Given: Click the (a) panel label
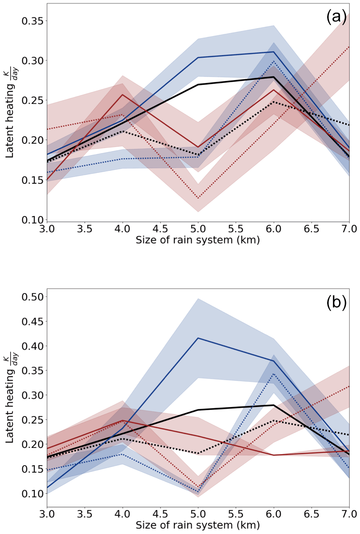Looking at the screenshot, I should pos(336,17).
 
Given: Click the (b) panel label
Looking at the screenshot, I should pos(336,302).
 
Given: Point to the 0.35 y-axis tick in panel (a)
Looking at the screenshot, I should pos(32,21).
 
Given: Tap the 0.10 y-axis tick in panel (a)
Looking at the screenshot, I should pos(32,220).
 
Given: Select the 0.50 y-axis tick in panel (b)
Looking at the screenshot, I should pos(32,297).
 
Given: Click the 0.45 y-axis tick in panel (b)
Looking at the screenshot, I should pos(32,322).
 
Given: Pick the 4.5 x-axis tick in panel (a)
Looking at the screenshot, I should pos(160,229).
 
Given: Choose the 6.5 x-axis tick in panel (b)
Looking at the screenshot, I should pos(311,514).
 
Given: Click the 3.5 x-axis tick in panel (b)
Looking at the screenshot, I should pos(85,514).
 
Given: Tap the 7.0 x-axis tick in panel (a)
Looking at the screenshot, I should pos(349,229).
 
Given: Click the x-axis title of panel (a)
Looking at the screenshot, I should pos(198,240).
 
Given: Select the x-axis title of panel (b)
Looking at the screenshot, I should pos(198,525).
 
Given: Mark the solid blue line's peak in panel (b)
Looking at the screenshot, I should pos(198,338).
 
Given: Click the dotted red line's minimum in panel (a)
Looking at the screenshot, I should pos(198,198).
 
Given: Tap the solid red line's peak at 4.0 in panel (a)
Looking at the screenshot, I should pos(122,94).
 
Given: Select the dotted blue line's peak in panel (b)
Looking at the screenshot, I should pos(274,374).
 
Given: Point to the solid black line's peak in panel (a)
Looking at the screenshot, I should pos(274,77).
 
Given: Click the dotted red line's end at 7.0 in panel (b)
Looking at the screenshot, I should pos(349,386).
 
